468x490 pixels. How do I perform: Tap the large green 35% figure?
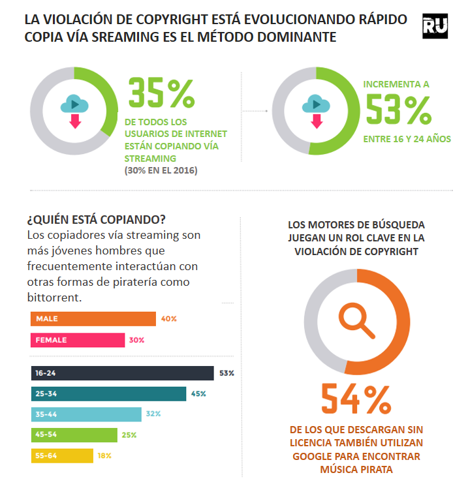coord(161,93)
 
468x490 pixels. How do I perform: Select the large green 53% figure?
coord(398,109)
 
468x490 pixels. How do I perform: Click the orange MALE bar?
coord(93,319)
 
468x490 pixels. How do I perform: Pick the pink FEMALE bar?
coord(77,340)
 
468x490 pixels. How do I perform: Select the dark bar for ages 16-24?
coord(122,373)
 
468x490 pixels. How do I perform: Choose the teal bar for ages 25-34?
coord(108,393)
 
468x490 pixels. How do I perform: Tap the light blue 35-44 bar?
coord(86,414)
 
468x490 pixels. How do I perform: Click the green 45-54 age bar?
coord(74,435)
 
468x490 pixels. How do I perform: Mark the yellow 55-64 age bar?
coord(61,455)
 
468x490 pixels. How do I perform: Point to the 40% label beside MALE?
coord(169,319)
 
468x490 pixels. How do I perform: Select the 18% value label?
coord(104,455)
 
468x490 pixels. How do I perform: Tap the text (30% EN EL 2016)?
coord(161,170)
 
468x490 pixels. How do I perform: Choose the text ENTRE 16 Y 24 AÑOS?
coord(407,139)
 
